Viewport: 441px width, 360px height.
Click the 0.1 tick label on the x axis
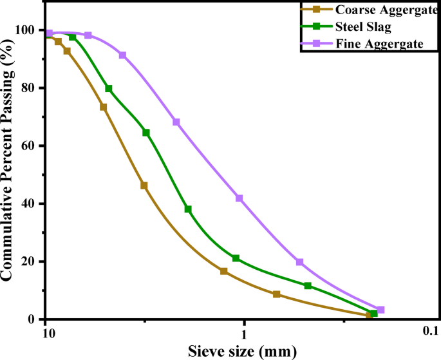429,332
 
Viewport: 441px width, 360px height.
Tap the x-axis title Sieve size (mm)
242,351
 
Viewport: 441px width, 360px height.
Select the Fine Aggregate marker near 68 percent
176,122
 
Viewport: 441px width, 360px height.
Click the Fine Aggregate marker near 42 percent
239,198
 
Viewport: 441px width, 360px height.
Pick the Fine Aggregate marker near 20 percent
300,262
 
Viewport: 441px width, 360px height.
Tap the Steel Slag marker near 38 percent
188,209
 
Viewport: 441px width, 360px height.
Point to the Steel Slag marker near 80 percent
109,89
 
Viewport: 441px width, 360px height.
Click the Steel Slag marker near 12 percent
308,286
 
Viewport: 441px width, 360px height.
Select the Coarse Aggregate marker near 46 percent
144,185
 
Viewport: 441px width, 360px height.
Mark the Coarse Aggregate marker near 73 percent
103,107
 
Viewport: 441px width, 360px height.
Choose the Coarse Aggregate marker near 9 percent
277,294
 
